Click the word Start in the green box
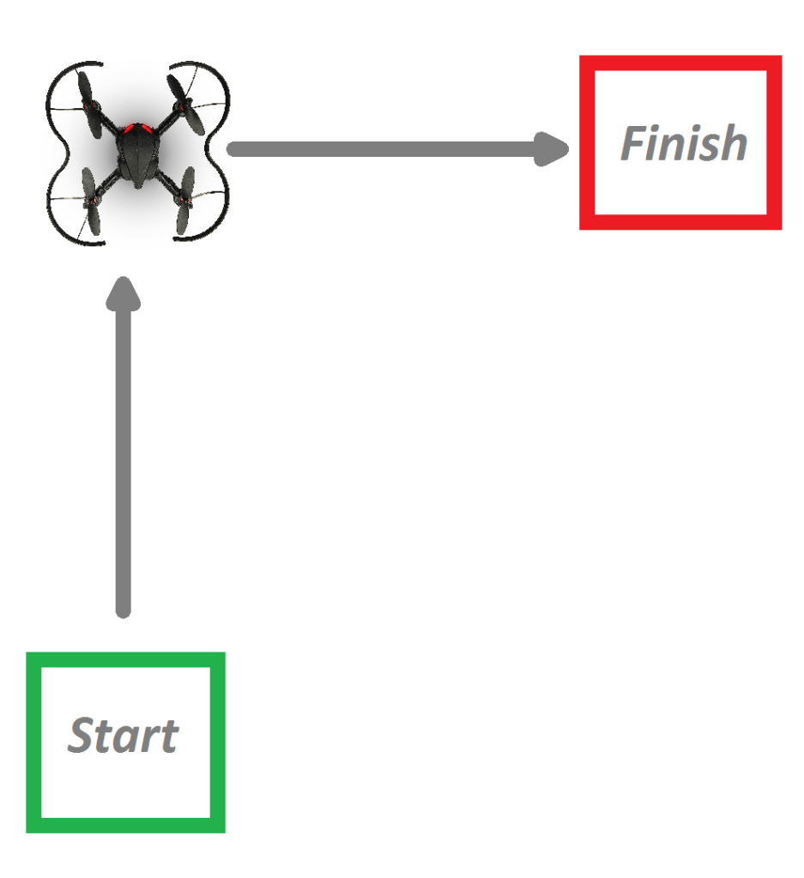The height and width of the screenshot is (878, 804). (x=123, y=735)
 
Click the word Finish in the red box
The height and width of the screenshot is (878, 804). (x=684, y=143)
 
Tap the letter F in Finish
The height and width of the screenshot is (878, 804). (x=635, y=143)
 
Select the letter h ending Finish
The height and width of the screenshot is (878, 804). (x=734, y=143)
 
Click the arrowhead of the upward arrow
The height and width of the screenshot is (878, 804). (x=124, y=292)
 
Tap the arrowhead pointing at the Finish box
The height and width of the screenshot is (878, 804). (x=552, y=149)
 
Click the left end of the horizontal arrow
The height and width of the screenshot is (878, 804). (x=230, y=149)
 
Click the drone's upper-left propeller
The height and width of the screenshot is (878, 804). (x=89, y=104)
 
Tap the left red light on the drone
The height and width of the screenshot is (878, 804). (x=130, y=129)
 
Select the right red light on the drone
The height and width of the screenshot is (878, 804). (x=148, y=129)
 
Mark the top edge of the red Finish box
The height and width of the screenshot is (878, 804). (x=680, y=63)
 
